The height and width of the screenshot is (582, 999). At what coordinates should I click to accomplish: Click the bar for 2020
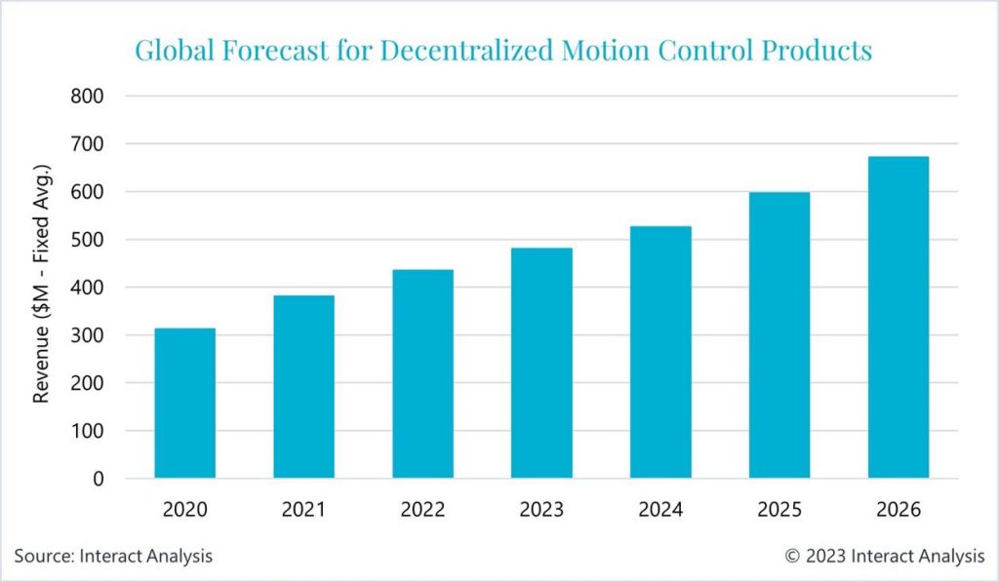(x=184, y=403)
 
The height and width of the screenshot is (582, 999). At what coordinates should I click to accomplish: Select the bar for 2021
(x=303, y=386)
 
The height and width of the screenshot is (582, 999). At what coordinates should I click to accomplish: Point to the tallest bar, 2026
(x=899, y=317)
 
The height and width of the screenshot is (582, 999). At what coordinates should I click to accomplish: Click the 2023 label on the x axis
(x=541, y=510)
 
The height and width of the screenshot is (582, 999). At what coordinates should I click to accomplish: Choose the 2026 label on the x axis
(x=899, y=510)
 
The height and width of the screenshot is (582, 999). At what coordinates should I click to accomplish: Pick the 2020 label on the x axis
(x=184, y=510)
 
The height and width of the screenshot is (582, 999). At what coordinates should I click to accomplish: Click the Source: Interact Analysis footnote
(x=113, y=556)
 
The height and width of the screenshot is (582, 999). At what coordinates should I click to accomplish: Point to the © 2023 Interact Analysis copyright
(x=885, y=556)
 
